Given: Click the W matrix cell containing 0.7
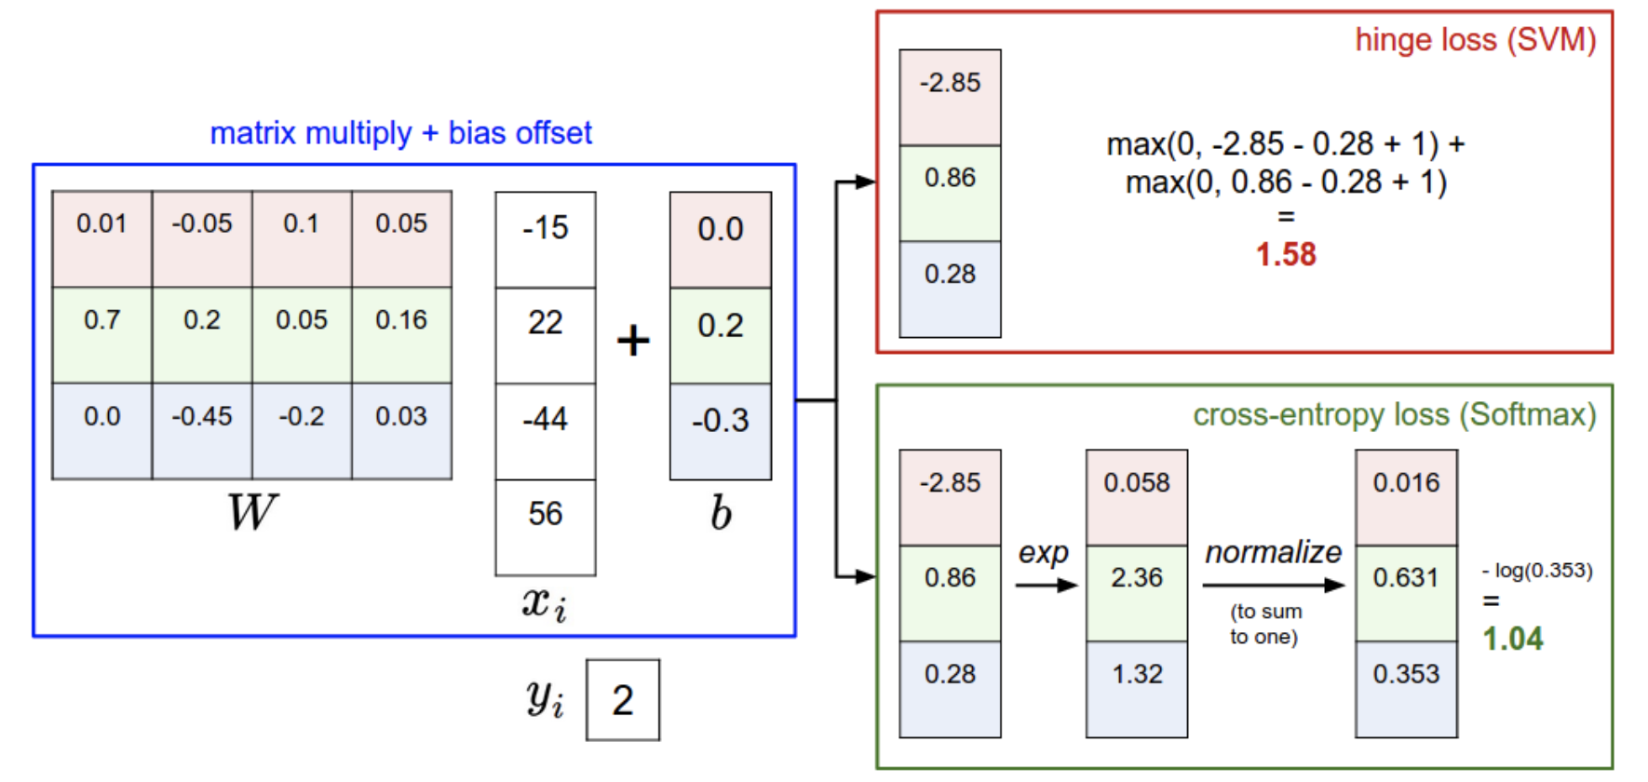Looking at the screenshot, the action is pyautogui.click(x=101, y=334).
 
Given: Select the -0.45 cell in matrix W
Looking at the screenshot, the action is pyautogui.click(x=202, y=431).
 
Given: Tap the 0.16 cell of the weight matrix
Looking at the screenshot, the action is pyautogui.click(x=402, y=334).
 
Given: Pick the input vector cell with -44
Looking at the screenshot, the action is pyautogui.click(x=546, y=431).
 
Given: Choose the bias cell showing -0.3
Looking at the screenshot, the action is pyautogui.click(x=721, y=431).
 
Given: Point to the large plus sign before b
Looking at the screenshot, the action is pyautogui.click(x=633, y=340).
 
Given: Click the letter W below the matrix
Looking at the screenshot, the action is pyautogui.click(x=252, y=512).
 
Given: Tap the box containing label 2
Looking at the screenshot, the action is pyautogui.click(x=623, y=700).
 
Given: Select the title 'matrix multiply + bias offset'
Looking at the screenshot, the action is pyautogui.click(x=400, y=133).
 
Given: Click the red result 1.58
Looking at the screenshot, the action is pyautogui.click(x=1286, y=254).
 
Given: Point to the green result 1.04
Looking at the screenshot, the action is pyautogui.click(x=1513, y=639).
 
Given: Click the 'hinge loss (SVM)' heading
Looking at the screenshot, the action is pyautogui.click(x=1476, y=40).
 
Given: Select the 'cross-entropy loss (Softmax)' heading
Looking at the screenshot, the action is pyautogui.click(x=1395, y=414).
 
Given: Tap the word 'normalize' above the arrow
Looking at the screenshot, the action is pyautogui.click(x=1273, y=552).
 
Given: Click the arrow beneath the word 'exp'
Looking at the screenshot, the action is pyautogui.click(x=1047, y=586).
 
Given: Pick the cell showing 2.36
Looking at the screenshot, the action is pyautogui.click(x=1137, y=593).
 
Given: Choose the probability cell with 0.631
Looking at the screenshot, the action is pyautogui.click(x=1406, y=593).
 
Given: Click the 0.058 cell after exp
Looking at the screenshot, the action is pyautogui.click(x=1137, y=498).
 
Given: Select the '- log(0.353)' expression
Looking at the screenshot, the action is pyautogui.click(x=1537, y=571).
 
